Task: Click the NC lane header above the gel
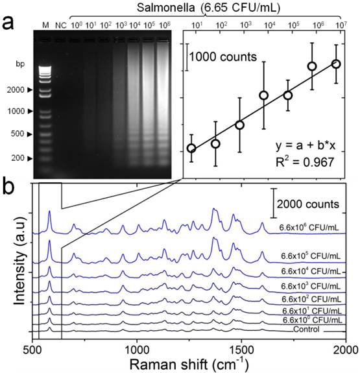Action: click(60, 25)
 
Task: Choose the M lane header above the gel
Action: click(45, 25)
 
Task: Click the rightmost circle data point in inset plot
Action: click(336, 64)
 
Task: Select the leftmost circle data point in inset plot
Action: click(191, 149)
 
